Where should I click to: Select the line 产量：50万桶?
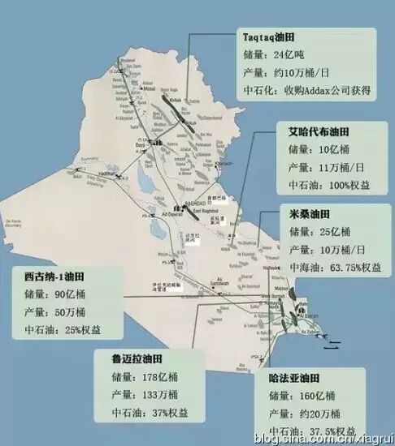pos(54,312)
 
